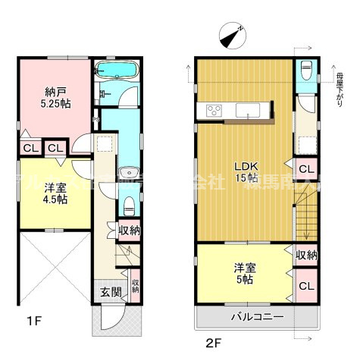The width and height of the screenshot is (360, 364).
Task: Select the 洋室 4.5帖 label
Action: point(55,194)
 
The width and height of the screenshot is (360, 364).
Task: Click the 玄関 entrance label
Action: point(111,291)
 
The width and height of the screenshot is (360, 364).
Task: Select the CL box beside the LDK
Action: point(305,169)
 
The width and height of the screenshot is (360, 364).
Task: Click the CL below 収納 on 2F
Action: point(305,286)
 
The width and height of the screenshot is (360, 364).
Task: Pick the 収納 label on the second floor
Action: point(305,256)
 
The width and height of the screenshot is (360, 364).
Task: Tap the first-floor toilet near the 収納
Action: point(129,202)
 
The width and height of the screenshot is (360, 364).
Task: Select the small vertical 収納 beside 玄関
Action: point(136,287)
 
